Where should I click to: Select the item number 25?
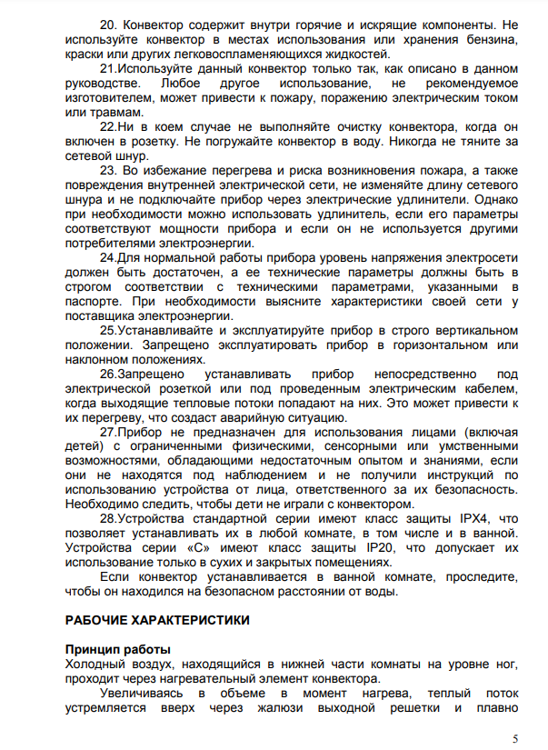pos(108,330)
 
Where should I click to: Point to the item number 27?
pos(108,433)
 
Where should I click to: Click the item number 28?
pos(108,517)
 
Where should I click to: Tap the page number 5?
pos(515,737)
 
